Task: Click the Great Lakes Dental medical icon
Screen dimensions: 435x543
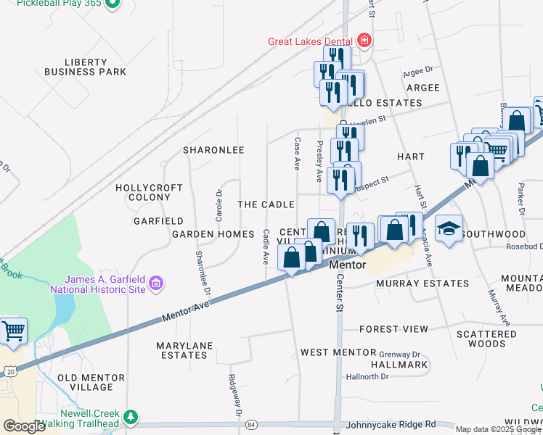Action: point(364,41)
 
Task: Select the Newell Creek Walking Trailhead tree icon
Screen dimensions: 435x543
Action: point(130,417)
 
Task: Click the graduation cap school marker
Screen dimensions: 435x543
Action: point(449,229)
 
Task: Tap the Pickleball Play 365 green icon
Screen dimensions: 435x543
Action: point(112,4)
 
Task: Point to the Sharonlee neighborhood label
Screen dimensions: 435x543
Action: point(213,150)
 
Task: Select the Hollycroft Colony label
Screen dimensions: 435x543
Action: point(149,192)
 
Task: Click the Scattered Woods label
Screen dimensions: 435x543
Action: point(486,339)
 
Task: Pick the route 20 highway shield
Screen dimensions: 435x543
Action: point(9,371)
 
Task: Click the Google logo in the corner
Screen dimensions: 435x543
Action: point(24,426)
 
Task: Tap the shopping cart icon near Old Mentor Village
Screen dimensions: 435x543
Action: point(13,331)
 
